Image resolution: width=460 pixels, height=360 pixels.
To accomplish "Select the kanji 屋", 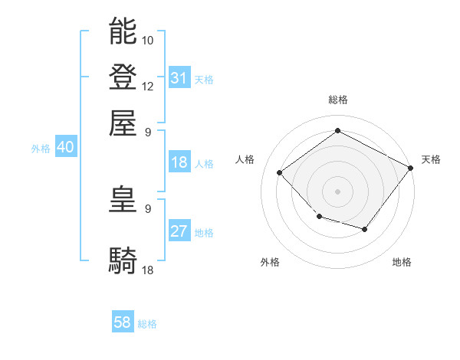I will (x=123, y=122).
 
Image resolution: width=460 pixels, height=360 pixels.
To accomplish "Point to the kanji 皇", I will (x=123, y=200).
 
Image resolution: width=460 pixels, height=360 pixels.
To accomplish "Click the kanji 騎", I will (x=123, y=260).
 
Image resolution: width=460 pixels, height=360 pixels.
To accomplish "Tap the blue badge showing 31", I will (x=179, y=78).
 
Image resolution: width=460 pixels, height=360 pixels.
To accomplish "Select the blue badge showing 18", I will (x=179, y=162).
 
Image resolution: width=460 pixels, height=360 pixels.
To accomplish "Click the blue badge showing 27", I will (x=179, y=231).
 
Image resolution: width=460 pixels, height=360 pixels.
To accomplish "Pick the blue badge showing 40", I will (x=65, y=148).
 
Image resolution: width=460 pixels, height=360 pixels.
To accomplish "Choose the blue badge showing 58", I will (x=123, y=323).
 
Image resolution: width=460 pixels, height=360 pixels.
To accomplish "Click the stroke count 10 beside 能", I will (x=148, y=39).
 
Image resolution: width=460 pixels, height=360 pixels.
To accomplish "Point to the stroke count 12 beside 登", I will (x=148, y=86).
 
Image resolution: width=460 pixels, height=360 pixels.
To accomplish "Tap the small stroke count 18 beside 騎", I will (x=148, y=270).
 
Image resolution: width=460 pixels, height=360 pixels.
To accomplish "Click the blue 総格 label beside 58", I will (x=147, y=324).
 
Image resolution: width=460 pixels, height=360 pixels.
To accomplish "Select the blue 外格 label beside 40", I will (x=41, y=149).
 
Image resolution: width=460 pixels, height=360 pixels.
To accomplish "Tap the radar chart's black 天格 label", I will (x=431, y=159).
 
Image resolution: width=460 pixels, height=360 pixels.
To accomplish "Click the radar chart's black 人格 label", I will (x=245, y=159).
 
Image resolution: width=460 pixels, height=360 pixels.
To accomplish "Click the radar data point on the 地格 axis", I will (x=365, y=229).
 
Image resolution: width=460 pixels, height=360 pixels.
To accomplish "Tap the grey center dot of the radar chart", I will (x=337, y=191).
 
